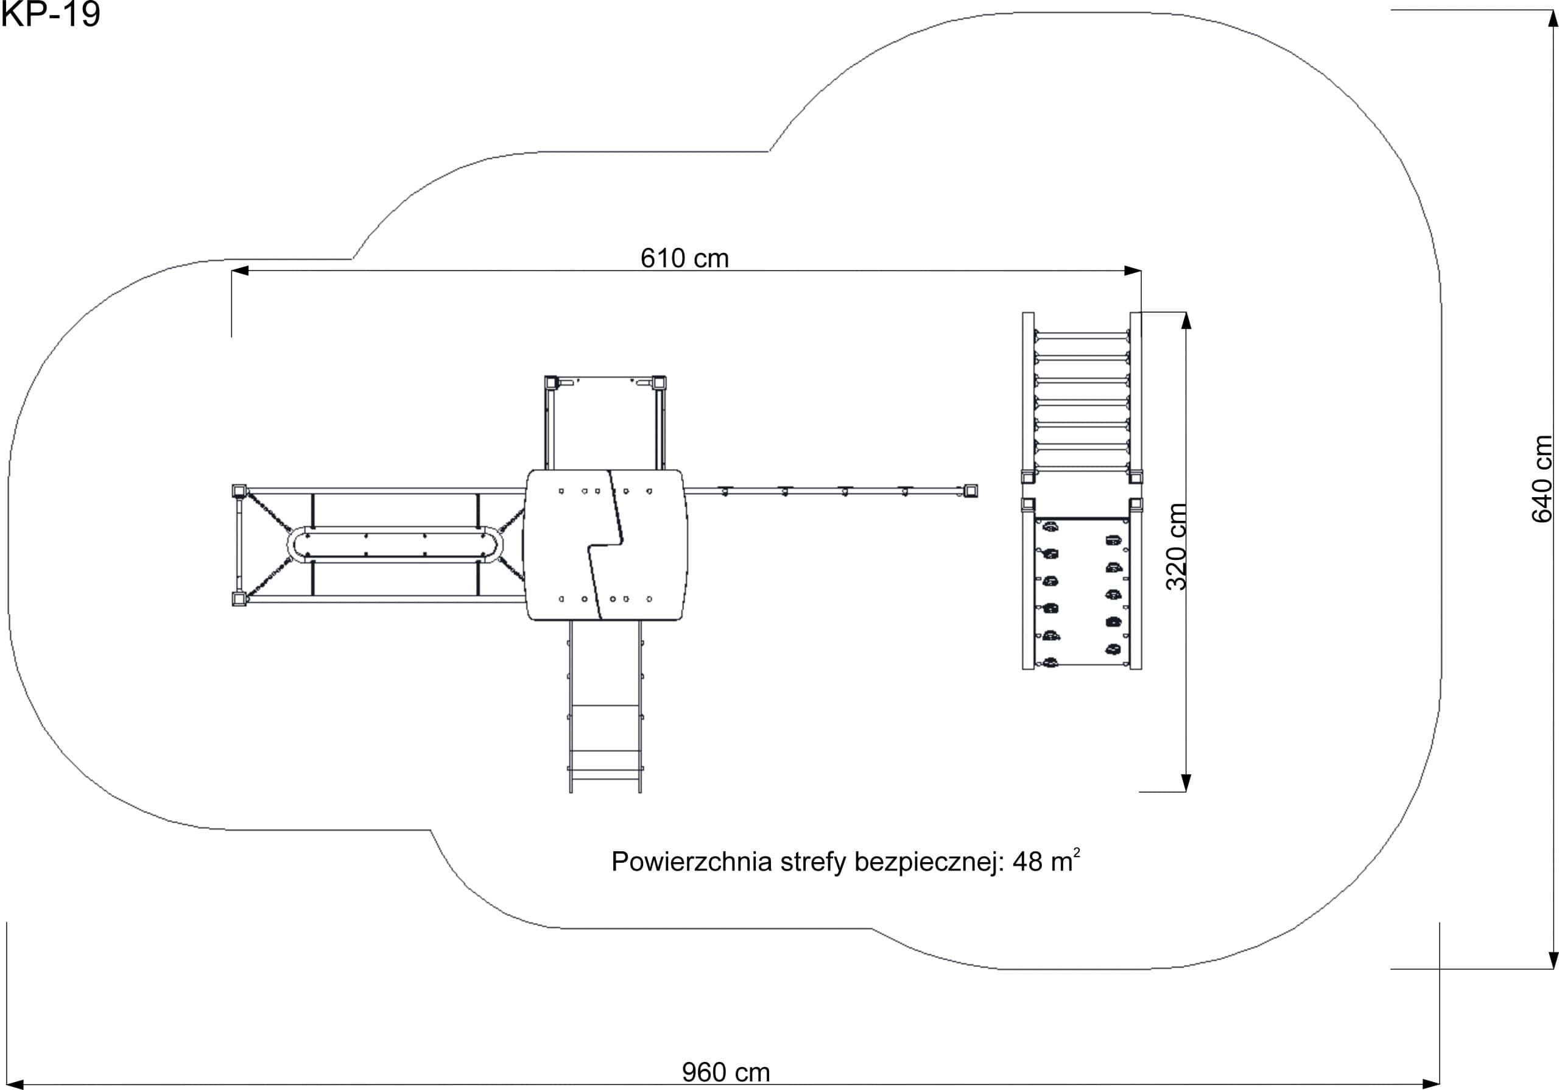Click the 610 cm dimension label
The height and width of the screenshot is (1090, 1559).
tap(684, 258)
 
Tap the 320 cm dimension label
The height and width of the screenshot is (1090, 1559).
tap(1176, 547)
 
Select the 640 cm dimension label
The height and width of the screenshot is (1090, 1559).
tap(1542, 479)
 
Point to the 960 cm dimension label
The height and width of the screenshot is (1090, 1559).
tap(726, 1072)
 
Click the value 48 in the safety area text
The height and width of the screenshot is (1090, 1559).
tap(1027, 862)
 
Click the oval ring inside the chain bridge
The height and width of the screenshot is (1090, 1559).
tap(395, 527)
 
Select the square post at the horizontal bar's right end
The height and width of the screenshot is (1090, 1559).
tap(971, 491)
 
